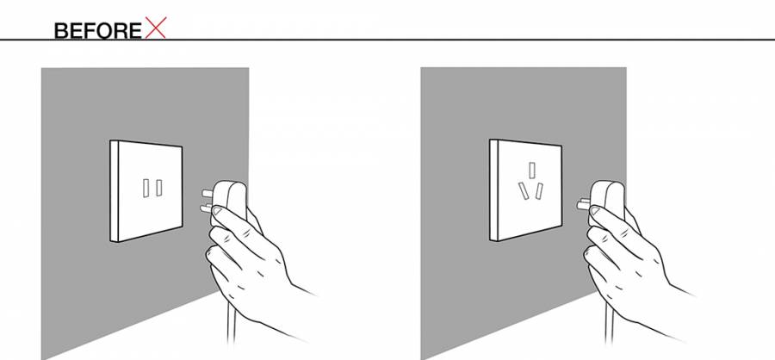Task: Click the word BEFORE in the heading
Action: pyautogui.click(x=98, y=31)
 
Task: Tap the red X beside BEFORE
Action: pyautogui.click(x=156, y=28)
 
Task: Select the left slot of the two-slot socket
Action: pyautogui.click(x=146, y=189)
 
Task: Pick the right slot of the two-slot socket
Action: pyautogui.click(x=159, y=188)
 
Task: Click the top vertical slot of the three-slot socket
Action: pyautogui.click(x=532, y=171)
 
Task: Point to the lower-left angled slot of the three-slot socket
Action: pyautogui.click(x=524, y=191)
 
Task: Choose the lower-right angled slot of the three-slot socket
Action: pyautogui.click(x=539, y=191)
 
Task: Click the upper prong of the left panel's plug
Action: pyautogui.click(x=207, y=193)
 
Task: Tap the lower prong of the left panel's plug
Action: pyautogui.click(x=206, y=209)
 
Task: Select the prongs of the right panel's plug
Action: pyautogui.click(x=583, y=204)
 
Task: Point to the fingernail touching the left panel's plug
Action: pyautogui.click(x=217, y=211)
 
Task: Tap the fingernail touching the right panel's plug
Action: pyautogui.click(x=595, y=211)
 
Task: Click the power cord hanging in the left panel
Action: pyautogui.click(x=231, y=320)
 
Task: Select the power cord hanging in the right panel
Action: pyautogui.click(x=609, y=321)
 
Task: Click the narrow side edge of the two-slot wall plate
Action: pyautogui.click(x=115, y=191)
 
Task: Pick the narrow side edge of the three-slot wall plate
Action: pyautogui.click(x=493, y=189)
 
